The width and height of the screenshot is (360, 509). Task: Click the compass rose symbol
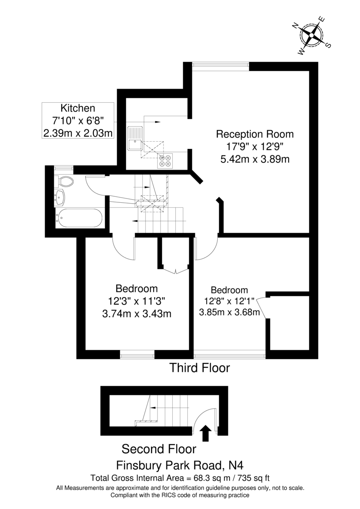pyautogui.click(x=311, y=35)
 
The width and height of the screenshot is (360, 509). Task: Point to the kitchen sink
pyautogui.click(x=135, y=138)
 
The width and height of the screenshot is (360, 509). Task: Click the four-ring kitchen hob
pyautogui.click(x=165, y=161)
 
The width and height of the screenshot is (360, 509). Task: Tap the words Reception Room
pyautogui.click(x=255, y=134)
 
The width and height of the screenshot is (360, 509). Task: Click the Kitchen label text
pyautogui.click(x=78, y=108)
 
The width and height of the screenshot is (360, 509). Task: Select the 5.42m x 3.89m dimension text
pyautogui.click(x=255, y=159)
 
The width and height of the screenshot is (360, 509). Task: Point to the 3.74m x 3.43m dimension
pyautogui.click(x=137, y=314)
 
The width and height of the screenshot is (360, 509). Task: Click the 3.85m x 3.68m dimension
pyautogui.click(x=230, y=312)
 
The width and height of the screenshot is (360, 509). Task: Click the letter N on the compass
pyautogui.click(x=295, y=26)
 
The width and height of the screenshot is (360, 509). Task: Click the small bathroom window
pyautogui.click(x=64, y=168)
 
